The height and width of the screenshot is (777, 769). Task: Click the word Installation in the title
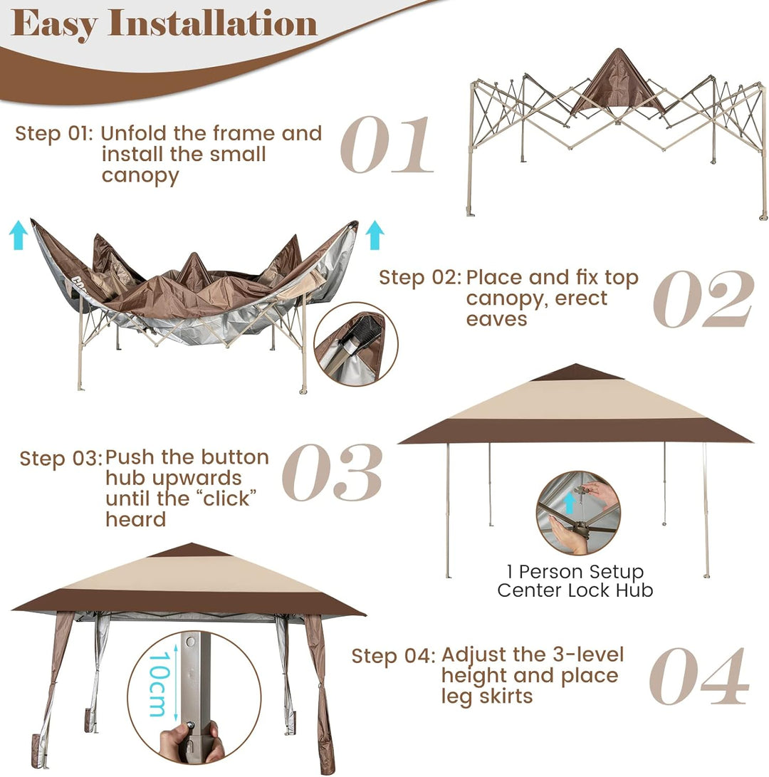click(x=213, y=23)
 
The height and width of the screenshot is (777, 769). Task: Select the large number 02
click(x=703, y=299)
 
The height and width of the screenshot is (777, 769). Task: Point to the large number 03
click(x=333, y=472)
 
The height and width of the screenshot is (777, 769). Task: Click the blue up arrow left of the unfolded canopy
click(x=19, y=235)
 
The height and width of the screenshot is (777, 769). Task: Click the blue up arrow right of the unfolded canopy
click(x=375, y=235)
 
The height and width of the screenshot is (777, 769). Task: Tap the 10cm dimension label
click(x=159, y=683)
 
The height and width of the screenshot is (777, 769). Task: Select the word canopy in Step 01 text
click(x=140, y=176)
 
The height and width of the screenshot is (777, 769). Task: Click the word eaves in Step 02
click(x=496, y=320)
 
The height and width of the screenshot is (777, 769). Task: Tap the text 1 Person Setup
click(x=575, y=572)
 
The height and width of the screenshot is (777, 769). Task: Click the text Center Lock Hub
click(x=575, y=590)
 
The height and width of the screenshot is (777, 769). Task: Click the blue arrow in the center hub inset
click(x=570, y=503)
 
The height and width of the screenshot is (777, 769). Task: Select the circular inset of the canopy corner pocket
click(x=356, y=344)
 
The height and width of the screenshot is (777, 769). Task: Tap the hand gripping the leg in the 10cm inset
click(x=191, y=742)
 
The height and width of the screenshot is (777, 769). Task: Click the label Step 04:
click(x=393, y=656)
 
